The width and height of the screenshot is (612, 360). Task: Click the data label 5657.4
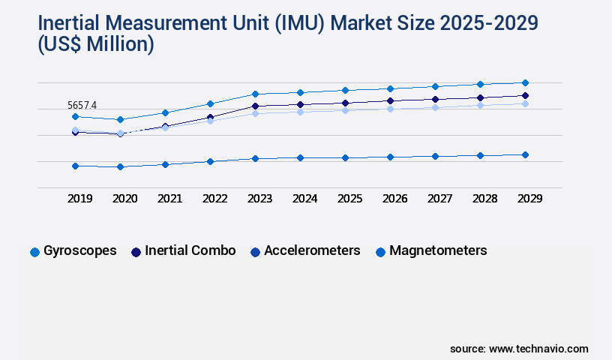82,106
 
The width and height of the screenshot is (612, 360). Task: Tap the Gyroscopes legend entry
73,251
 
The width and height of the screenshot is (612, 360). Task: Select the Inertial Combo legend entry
183,251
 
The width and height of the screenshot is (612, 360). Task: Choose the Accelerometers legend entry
304,251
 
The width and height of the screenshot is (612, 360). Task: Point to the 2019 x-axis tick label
80,199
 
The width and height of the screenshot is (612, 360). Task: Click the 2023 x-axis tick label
259,199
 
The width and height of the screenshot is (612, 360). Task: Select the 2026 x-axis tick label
394,199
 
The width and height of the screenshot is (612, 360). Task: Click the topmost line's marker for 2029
525,82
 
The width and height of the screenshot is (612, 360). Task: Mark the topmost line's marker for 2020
120,119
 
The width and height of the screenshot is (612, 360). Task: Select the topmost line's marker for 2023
255,94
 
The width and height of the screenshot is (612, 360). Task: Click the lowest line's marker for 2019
75,166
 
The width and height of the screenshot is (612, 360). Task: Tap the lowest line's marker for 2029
525,154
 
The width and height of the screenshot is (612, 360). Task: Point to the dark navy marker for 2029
525,95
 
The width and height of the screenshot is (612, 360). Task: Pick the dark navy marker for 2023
255,106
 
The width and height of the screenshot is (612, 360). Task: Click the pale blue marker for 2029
525,103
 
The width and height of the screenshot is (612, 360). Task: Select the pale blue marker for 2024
300,111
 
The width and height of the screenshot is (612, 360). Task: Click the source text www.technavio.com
538,349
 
